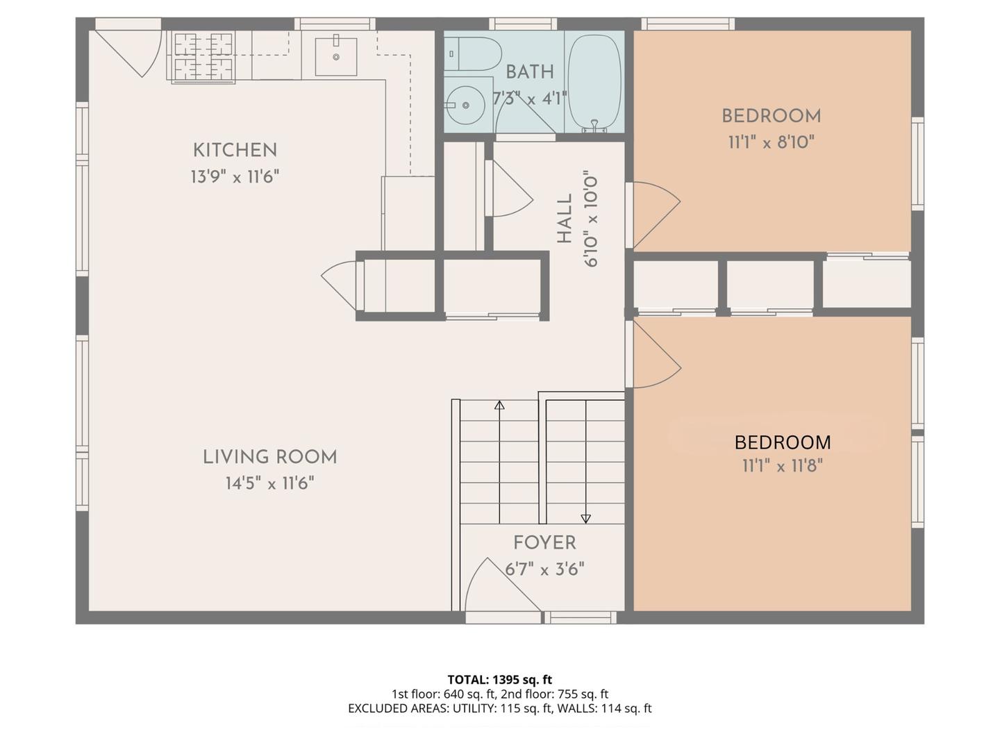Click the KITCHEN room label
coord(235,150)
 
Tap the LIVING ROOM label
coord(269,457)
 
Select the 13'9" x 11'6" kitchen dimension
coord(235,176)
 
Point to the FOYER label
coord(544,543)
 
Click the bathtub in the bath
coord(594,83)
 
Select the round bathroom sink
coord(465,105)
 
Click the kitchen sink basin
coord(335,56)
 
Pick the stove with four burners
coord(203,56)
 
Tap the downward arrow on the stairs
coord(586,462)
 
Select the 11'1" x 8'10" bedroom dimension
coord(771,142)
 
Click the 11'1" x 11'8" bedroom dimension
coord(783,466)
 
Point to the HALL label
coord(565,219)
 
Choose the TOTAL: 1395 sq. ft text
coord(500,680)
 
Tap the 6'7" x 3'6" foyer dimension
coord(544,569)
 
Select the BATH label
coord(530,72)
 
